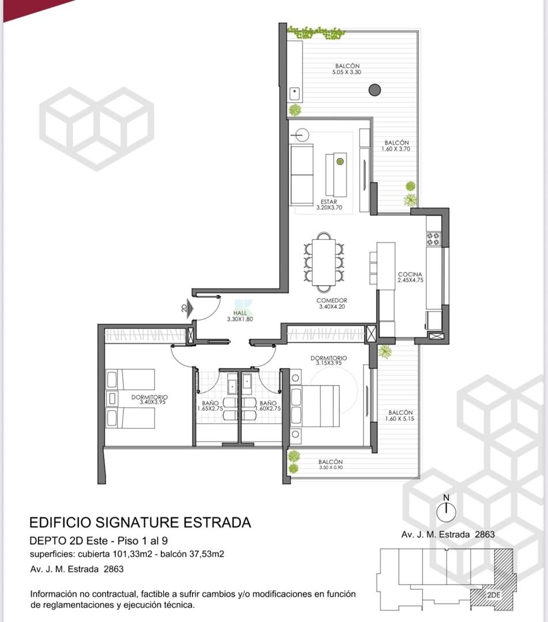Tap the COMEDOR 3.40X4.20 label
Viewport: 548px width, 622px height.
[332, 304]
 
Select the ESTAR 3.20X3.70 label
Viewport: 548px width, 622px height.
[329, 204]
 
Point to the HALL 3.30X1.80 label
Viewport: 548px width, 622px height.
[240, 316]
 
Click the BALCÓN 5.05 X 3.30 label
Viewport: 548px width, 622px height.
[347, 69]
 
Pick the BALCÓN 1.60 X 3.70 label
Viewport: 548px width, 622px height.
[396, 146]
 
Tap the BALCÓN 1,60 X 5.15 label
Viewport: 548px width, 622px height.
[400, 416]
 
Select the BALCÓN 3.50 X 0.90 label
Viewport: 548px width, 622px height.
[331, 464]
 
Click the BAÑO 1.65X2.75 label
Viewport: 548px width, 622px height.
[210, 405]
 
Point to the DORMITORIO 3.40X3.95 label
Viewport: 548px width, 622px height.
[150, 399]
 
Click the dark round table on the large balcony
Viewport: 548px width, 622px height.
[375, 90]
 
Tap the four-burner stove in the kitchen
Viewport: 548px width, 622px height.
[433, 239]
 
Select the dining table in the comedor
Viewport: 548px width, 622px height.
[324, 262]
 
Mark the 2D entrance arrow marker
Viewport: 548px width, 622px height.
[188, 308]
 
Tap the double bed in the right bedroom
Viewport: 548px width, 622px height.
[315, 406]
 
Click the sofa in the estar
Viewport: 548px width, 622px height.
[302, 175]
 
